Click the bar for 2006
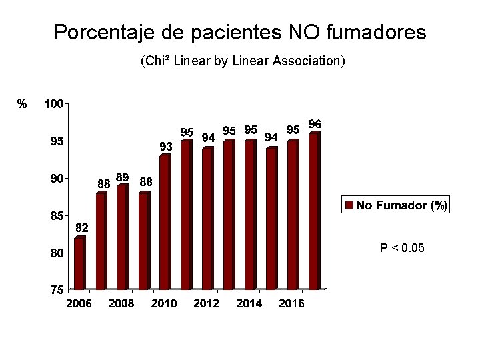point(80,263)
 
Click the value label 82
point(81,228)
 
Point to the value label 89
point(123,177)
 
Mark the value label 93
point(165,146)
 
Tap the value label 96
point(315,124)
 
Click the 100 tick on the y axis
point(53,104)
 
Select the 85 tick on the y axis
point(53,216)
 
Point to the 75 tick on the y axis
point(53,290)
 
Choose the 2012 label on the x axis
point(207,303)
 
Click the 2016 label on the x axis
point(291,303)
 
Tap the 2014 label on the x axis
point(249,303)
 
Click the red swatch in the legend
point(349,205)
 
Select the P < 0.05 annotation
point(402,248)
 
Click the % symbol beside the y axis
point(22,104)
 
